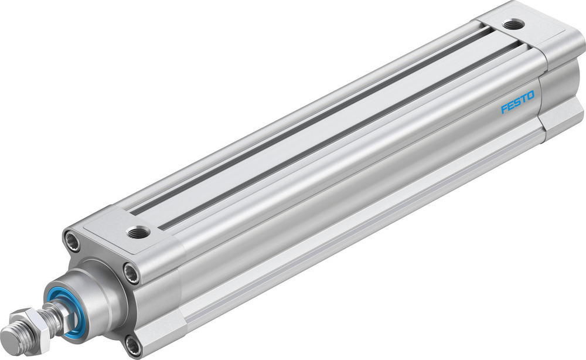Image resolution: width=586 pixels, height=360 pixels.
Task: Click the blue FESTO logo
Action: pos(517,107)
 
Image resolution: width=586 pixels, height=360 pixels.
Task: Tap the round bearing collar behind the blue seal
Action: pos(94,293)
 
